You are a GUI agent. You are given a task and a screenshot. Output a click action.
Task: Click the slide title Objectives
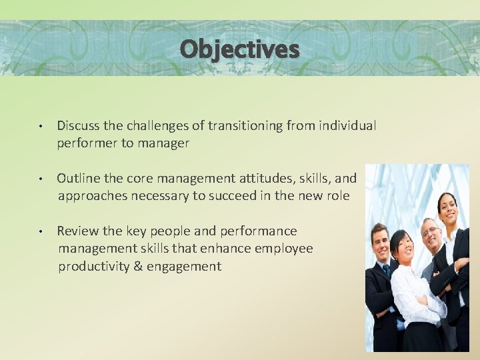[x=239, y=49]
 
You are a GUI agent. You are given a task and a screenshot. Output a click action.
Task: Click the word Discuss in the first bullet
[x=78, y=125]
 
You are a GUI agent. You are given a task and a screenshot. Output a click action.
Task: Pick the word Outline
[x=78, y=178]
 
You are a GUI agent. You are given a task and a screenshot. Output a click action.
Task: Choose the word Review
[x=78, y=231]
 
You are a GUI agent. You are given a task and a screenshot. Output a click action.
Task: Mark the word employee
[x=284, y=248]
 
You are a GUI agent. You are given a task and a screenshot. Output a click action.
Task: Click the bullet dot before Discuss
[x=41, y=126]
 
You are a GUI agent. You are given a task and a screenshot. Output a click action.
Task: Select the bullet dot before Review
[x=41, y=231]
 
